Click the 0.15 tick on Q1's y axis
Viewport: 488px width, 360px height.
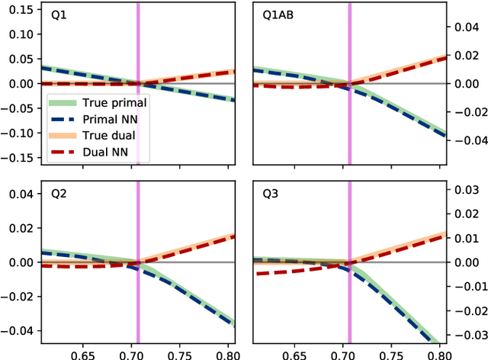(18, 10)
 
